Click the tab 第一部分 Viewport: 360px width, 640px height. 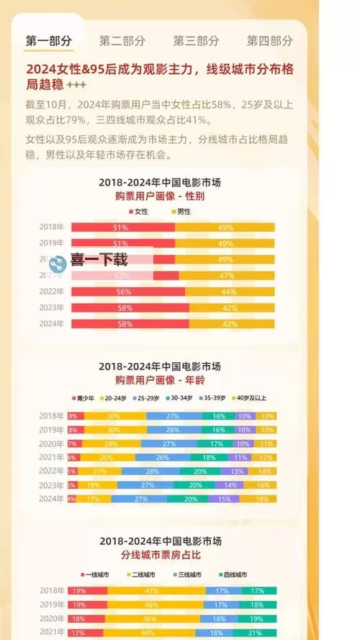49,41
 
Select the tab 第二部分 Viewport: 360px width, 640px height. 122,41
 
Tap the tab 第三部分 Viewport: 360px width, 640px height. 196,41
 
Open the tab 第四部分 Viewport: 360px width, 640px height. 269,41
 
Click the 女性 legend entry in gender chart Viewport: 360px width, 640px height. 138,212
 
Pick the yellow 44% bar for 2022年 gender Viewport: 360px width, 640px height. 230,292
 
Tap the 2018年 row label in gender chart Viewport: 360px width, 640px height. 52,227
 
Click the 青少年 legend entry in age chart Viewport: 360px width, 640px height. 84,397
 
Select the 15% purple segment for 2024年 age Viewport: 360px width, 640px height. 224,499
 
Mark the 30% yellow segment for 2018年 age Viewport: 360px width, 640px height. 114,416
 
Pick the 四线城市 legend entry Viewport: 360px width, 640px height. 234,575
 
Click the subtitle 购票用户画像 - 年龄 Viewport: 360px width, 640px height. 170,379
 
